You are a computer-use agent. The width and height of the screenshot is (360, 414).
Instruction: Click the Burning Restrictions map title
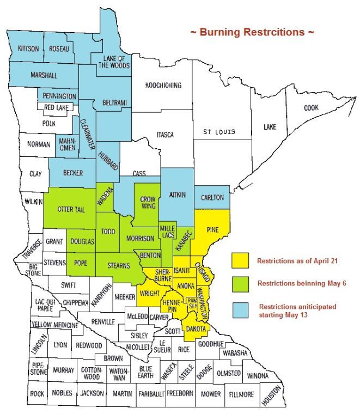coord(252,32)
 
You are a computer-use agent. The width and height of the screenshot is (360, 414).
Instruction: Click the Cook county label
coord(310,108)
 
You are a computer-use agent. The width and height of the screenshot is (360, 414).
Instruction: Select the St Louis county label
coord(219,132)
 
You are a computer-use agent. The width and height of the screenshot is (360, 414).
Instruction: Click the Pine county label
coord(213,231)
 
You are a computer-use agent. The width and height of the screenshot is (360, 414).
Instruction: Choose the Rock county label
coord(36,393)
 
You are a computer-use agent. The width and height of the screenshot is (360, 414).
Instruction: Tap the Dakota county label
coord(196,328)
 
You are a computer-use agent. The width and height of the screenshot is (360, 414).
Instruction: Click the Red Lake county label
coord(56,108)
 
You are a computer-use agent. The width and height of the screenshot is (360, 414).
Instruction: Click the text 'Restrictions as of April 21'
coord(298,261)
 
